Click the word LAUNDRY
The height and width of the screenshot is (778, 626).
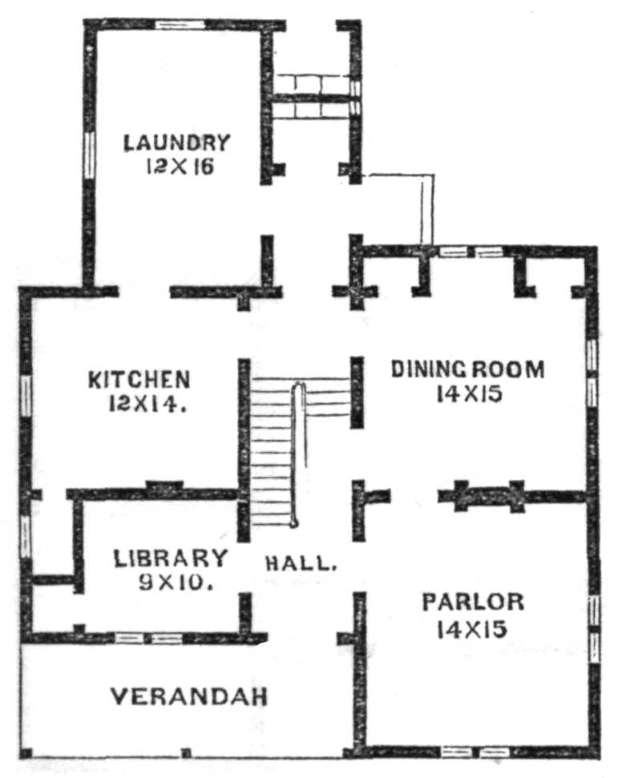point(176,143)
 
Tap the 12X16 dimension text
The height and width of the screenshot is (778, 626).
point(180,167)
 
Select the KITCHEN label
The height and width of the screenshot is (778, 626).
point(139,380)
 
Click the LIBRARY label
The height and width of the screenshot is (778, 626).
point(170,558)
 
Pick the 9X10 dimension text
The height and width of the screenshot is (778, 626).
point(176,582)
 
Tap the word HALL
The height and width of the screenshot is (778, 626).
point(301,563)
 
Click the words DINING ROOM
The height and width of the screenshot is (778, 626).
point(467,369)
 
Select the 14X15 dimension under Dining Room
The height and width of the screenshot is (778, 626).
point(469,394)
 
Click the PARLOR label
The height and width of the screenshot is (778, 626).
point(473,602)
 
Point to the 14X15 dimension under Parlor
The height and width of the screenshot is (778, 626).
point(472,630)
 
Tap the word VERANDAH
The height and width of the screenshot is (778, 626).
point(188,696)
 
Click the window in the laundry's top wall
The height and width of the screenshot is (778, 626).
point(180,24)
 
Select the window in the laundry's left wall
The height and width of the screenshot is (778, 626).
point(89,154)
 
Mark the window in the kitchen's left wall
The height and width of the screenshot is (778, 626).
point(26,395)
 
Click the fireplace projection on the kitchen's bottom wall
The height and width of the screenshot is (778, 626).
point(164,486)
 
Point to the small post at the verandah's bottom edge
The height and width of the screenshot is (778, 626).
point(186,753)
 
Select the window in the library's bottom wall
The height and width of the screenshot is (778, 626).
point(148,638)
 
